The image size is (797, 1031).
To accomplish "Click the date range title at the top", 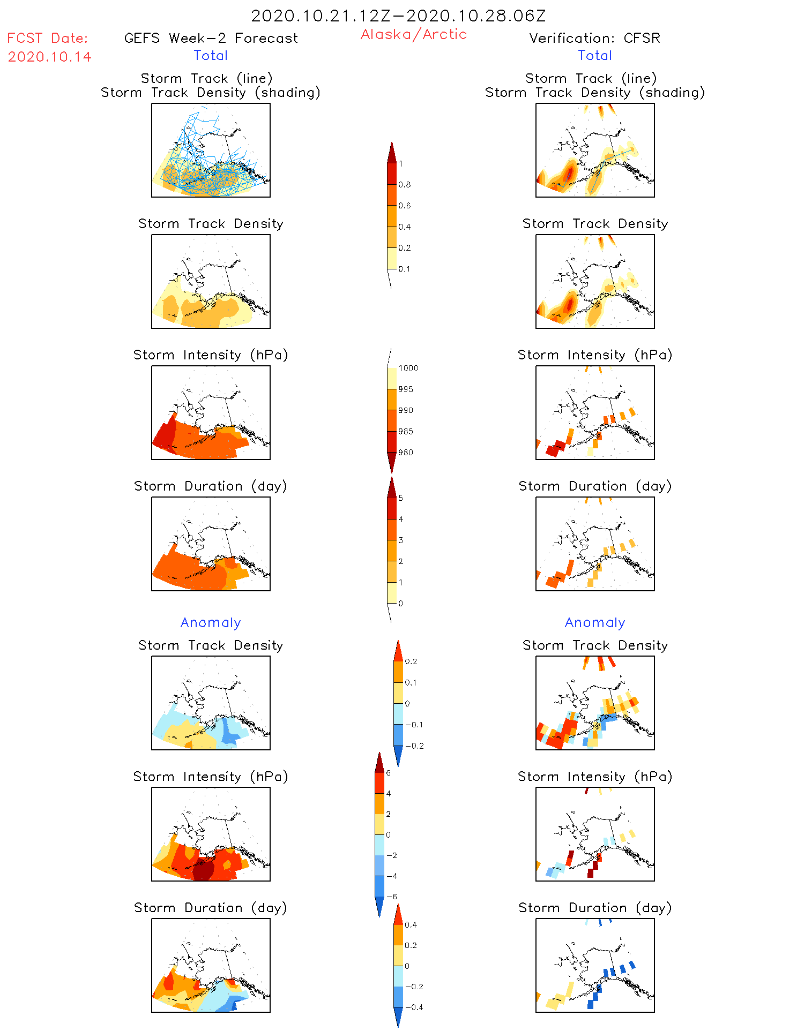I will click(398, 16).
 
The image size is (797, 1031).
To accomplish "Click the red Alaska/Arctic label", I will click(413, 34).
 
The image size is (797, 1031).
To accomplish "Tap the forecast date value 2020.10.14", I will click(49, 57).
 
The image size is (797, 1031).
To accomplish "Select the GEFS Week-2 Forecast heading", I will click(211, 38).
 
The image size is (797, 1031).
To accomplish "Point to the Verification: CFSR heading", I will click(594, 38).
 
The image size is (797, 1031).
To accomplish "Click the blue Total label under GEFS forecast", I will click(211, 55).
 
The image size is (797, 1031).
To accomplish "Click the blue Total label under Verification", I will click(594, 55).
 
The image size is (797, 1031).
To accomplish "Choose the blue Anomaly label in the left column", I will click(211, 622).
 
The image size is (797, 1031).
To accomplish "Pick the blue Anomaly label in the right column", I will click(595, 622).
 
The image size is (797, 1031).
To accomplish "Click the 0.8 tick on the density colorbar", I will click(405, 185).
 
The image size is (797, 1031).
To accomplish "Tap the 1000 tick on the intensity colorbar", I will click(408, 368).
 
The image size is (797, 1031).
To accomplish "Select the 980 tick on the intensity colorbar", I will click(406, 453).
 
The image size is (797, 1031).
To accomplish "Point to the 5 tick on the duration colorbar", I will click(401, 498).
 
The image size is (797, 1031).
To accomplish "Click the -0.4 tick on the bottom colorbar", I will click(414, 1007).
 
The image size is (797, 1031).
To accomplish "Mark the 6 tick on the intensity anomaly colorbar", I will click(389, 773).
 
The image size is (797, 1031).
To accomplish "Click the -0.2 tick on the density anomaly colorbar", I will click(414, 746).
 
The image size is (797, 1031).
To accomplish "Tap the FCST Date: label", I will click(47, 38).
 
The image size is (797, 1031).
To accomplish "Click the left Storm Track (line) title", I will click(206, 78).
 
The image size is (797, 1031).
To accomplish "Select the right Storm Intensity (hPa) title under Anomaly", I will click(595, 777).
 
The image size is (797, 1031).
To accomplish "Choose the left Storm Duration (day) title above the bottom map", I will click(211, 908).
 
